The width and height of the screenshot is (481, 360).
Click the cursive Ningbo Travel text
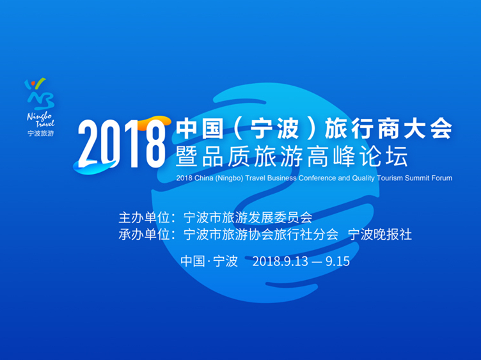coord(40,120)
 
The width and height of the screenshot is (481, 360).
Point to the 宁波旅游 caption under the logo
coord(40,134)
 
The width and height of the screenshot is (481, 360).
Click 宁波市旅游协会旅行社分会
coord(260,234)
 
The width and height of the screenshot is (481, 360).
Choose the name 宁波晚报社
coord(380,234)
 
